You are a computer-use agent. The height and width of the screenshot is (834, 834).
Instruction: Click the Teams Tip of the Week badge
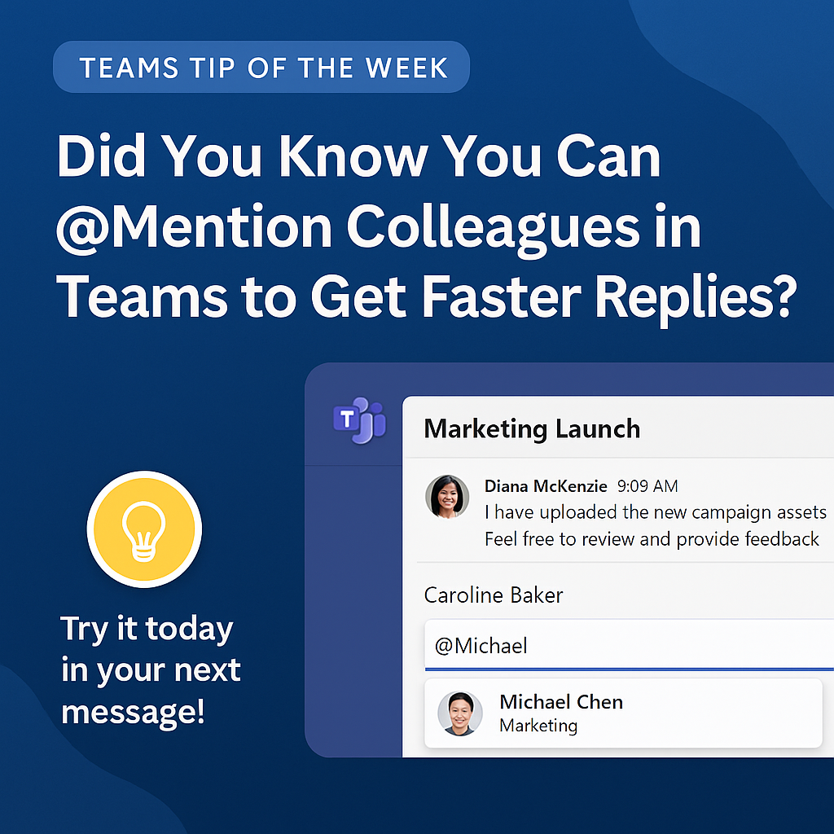point(261,67)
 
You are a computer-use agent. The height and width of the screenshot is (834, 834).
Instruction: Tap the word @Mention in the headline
point(194,228)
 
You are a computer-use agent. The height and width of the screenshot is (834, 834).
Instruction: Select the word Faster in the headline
point(502,296)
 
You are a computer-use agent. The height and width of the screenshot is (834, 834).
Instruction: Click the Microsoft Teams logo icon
point(359,420)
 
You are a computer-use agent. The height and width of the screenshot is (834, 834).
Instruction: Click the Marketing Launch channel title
point(532,428)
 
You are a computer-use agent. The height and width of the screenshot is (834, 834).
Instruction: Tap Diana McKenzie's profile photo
point(447,497)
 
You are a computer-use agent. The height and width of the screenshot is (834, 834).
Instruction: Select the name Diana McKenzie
point(546,486)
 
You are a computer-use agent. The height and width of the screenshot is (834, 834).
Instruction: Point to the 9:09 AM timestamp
point(647,486)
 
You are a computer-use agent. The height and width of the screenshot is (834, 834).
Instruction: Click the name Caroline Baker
point(493,595)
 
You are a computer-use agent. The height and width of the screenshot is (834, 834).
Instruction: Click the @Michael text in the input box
point(481,646)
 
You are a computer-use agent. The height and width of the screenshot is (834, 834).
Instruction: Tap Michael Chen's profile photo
point(460,713)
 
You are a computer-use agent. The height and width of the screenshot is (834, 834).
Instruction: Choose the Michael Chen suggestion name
point(561,702)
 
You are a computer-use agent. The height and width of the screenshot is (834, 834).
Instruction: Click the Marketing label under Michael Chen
point(538,726)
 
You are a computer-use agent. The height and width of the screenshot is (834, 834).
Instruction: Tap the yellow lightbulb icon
point(144,529)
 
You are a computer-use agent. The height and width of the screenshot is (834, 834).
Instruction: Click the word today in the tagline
point(189,629)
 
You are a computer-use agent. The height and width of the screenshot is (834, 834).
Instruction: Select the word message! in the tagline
point(133,712)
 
